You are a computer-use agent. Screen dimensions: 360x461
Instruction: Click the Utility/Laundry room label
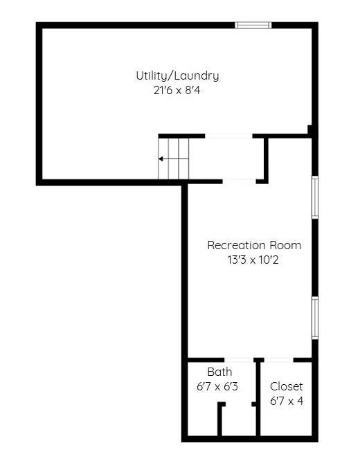[177, 76]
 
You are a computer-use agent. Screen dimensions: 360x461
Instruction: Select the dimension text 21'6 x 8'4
[177, 90]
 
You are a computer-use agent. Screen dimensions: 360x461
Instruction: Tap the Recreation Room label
[254, 245]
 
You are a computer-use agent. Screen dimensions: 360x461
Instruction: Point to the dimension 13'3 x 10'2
[253, 260]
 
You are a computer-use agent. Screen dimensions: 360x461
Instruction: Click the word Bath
[219, 372]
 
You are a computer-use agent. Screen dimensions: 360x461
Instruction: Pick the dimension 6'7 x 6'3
[217, 386]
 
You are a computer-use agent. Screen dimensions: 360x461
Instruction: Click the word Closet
[287, 386]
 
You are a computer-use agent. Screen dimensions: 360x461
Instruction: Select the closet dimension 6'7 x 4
[287, 401]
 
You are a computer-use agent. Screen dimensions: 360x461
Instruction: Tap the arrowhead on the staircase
[161, 159]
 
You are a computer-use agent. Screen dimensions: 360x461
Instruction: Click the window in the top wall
[253, 26]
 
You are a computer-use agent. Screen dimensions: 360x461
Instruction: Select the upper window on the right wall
[315, 197]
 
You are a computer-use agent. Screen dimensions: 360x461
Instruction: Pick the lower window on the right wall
[315, 318]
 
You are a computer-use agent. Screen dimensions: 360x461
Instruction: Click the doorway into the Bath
[239, 360]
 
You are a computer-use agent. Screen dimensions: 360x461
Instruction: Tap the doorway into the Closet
[279, 360]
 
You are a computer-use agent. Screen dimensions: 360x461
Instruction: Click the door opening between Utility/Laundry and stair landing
[228, 136]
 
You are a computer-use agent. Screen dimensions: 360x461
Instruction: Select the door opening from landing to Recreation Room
[239, 181]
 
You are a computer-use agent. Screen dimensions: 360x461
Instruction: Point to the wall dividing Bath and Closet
[258, 399]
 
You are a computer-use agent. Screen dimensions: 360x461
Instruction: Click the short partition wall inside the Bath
[219, 420]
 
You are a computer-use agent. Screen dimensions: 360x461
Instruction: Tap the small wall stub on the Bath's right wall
[254, 404]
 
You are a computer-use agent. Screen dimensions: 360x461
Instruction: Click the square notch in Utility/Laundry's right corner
[309, 129]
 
